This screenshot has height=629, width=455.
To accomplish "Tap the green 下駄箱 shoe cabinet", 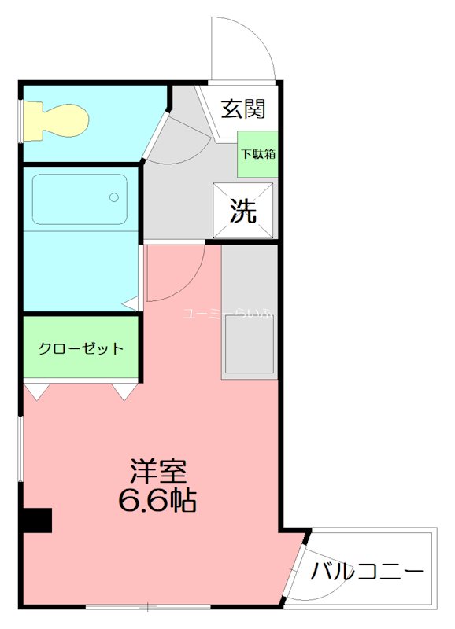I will (x=257, y=153).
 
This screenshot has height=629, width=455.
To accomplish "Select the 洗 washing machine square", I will (x=243, y=210).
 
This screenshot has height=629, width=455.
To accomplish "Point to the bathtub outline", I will (x=80, y=199).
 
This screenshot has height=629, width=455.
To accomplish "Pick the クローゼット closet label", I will (x=81, y=348).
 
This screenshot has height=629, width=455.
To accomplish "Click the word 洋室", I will (x=157, y=471).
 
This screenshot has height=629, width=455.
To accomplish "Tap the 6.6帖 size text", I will (x=157, y=500).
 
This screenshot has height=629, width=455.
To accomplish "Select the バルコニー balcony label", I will (x=367, y=572).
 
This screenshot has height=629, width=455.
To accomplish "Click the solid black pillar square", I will (x=36, y=520).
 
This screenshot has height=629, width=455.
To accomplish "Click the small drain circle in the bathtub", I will (x=115, y=196).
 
